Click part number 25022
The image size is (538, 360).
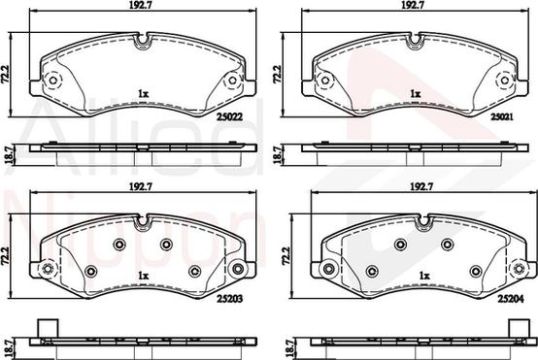229,116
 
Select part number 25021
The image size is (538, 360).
502,116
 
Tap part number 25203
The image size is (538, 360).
229,299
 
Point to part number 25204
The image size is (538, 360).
511,299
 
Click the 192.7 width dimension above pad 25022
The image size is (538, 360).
143,5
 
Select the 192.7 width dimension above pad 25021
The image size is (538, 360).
415,5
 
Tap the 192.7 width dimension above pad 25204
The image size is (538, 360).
422,186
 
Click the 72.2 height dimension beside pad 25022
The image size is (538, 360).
6,74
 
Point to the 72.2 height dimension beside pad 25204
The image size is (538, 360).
286,256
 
